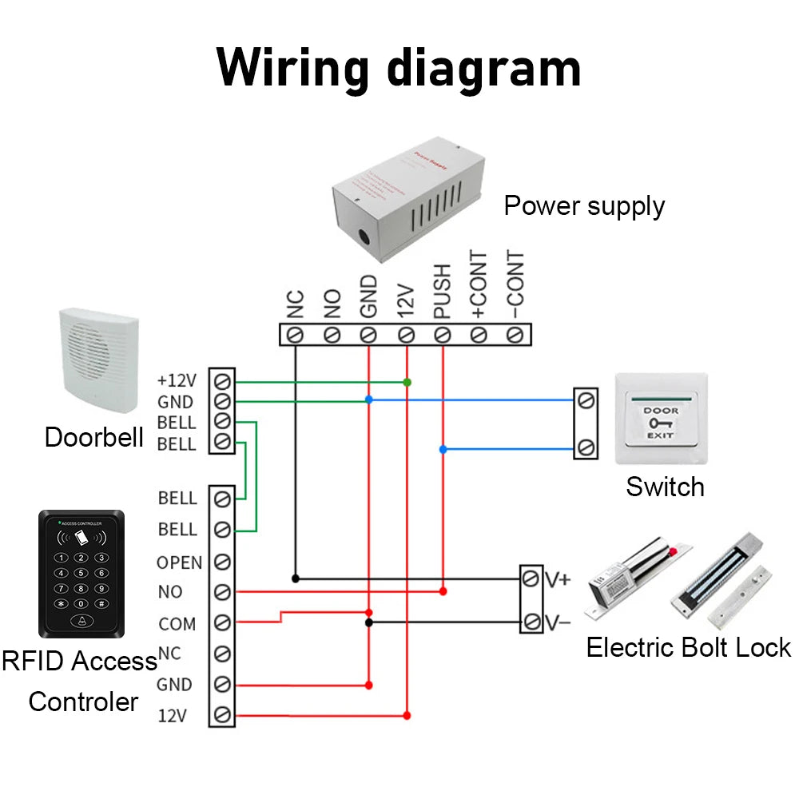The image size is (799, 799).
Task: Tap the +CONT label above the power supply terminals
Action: click(479, 286)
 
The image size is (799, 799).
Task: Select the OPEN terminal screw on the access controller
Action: click(223, 562)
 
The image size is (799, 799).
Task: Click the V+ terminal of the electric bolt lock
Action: click(531, 578)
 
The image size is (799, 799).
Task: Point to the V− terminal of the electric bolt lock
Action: click(531, 621)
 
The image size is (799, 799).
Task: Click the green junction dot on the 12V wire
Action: click(407, 382)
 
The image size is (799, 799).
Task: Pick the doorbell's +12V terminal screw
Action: click(223, 379)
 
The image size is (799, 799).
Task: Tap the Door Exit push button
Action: click(661, 419)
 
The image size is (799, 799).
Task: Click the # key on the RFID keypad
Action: click(101, 604)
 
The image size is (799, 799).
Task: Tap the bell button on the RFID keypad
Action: click(81, 622)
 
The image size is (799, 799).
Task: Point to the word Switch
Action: click(665, 487)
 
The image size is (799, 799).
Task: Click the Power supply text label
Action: click(584, 206)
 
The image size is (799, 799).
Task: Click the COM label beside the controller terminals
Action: click(177, 624)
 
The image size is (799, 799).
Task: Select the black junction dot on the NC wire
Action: click(295, 578)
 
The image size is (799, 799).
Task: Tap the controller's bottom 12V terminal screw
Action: click(223, 714)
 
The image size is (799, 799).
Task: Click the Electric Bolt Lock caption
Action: click(688, 647)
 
